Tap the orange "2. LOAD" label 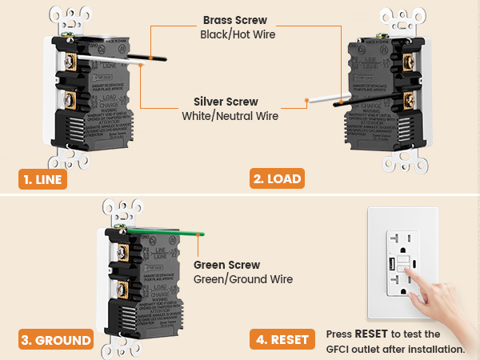(278, 179)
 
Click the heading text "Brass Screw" (236, 19)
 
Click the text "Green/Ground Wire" (243, 279)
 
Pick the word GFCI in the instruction (342, 349)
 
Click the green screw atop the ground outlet (128, 230)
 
